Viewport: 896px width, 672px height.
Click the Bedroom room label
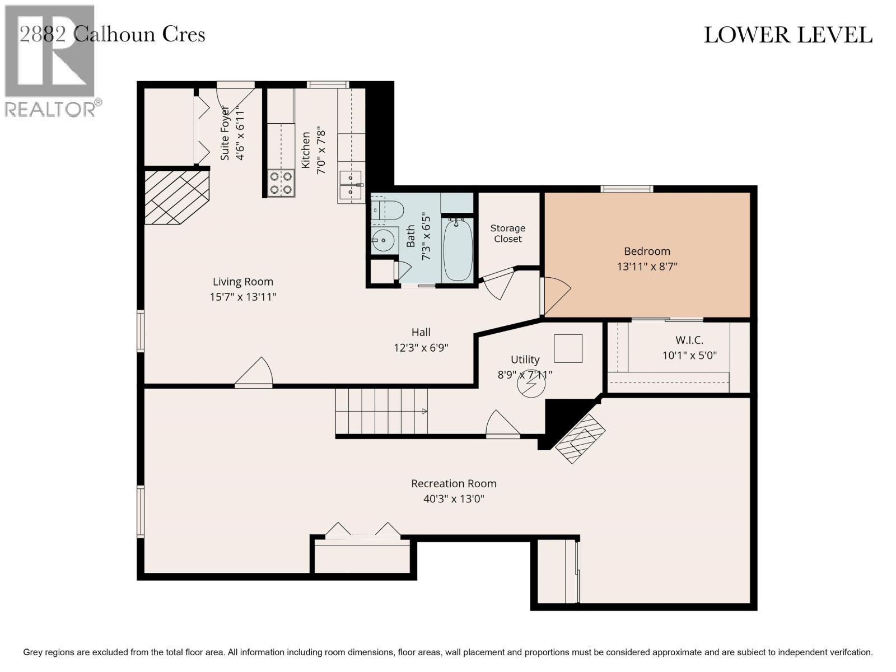click(x=647, y=251)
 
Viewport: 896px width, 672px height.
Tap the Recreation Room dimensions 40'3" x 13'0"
click(x=454, y=498)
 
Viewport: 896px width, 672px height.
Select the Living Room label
click(x=243, y=282)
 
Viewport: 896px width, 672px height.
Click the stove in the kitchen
click(x=281, y=183)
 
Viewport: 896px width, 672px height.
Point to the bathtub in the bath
click(x=458, y=250)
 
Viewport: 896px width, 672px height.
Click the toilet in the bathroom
click(x=388, y=211)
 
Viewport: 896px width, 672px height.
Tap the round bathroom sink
click(x=384, y=241)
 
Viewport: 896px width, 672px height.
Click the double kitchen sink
click(x=351, y=185)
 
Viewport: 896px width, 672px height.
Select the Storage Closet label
click(x=507, y=234)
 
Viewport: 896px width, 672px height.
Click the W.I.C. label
click(x=689, y=340)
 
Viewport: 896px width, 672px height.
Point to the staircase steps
click(x=381, y=411)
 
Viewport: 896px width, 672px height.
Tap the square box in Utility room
click(x=568, y=348)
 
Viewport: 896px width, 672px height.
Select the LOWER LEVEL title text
click(x=787, y=35)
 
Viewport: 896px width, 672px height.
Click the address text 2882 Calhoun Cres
click(x=112, y=34)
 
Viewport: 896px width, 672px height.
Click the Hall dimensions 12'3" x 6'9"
click(x=421, y=348)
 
